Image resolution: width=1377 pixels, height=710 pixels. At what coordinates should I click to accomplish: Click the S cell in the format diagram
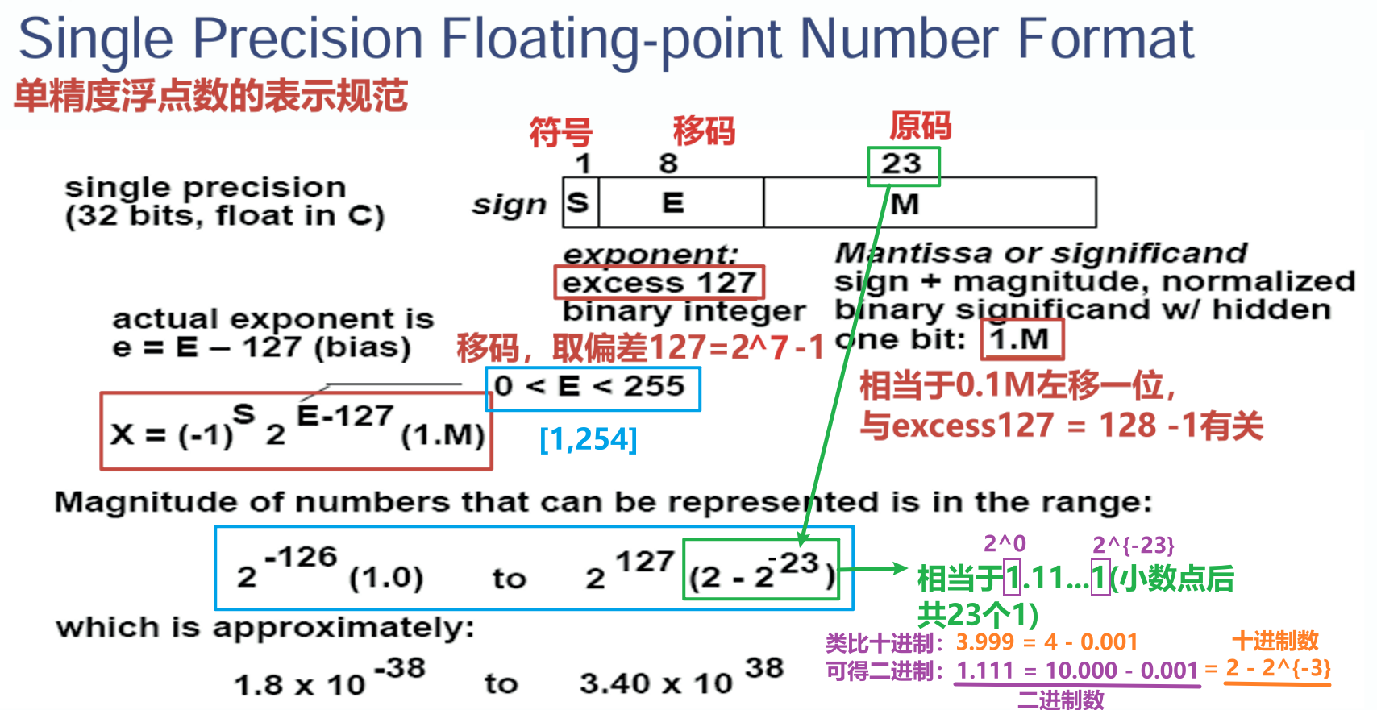(580, 202)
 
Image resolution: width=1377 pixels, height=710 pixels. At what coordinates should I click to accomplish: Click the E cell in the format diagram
(681, 202)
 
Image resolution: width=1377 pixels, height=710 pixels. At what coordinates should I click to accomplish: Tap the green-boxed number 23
(903, 165)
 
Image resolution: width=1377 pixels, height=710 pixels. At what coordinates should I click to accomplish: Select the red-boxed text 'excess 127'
(659, 283)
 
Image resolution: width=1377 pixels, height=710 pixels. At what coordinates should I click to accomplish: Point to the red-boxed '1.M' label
(1021, 338)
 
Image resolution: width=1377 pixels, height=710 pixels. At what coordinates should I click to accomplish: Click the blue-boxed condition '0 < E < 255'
(592, 388)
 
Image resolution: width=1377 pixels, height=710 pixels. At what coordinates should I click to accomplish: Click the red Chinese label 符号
(560, 133)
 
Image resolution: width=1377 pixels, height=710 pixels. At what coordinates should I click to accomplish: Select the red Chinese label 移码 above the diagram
(704, 131)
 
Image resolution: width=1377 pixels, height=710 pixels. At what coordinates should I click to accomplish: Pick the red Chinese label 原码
(920, 126)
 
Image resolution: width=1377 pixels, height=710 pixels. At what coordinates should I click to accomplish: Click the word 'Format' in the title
(1105, 39)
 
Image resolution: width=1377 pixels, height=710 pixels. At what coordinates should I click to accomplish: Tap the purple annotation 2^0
(1005, 543)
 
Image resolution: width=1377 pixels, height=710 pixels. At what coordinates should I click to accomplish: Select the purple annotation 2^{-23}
(1134, 545)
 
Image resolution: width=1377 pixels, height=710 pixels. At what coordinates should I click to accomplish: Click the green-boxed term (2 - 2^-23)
(762, 569)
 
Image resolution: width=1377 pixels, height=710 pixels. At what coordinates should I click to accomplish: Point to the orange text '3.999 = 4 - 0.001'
(1046, 641)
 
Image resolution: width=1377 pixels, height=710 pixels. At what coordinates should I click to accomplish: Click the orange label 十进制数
(1275, 641)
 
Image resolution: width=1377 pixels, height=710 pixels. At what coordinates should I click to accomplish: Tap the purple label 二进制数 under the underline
(1060, 699)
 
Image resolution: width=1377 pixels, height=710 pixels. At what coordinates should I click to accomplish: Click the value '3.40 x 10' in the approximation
(656, 683)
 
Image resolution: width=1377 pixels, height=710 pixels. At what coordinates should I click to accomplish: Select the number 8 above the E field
(668, 164)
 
